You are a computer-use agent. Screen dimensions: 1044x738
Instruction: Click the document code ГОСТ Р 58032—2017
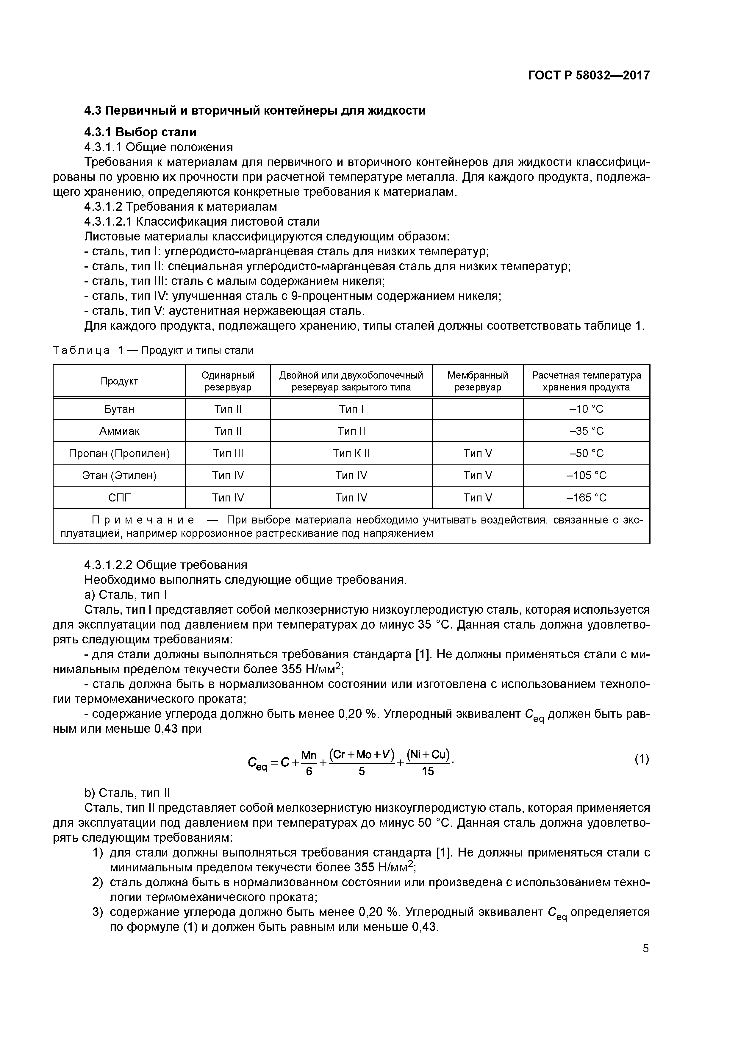pos(588,75)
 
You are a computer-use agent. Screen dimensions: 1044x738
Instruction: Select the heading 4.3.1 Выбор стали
pos(140,132)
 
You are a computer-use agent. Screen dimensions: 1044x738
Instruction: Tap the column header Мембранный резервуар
pos(477,381)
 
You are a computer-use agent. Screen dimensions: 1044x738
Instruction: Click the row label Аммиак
pos(119,431)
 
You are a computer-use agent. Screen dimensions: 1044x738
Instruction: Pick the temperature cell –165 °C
pos(586,497)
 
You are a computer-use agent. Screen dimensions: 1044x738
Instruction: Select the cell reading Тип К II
pos(351,453)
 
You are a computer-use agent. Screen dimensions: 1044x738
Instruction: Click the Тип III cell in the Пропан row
pos(228,453)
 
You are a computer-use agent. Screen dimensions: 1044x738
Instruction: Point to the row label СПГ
pos(119,497)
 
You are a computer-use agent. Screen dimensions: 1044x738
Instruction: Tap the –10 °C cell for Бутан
pos(586,409)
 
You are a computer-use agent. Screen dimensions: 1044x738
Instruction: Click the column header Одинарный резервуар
pos(228,381)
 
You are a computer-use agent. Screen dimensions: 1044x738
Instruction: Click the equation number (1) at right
pos(642,759)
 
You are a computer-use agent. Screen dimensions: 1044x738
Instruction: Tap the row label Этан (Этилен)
pos(119,475)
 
